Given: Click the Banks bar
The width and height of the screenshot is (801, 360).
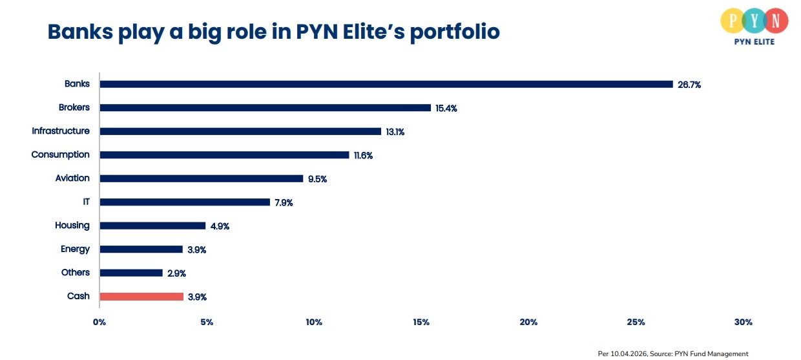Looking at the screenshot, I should tap(386, 84).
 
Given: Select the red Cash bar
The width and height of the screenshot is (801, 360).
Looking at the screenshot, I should tap(141, 297).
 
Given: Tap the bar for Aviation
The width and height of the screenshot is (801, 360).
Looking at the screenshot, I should tap(202, 178).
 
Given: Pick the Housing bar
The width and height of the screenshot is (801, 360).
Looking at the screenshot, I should tap(152, 226).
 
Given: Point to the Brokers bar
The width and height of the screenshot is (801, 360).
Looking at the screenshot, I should tap(265, 108).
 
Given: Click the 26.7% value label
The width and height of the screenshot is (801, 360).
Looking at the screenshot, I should tap(689, 85).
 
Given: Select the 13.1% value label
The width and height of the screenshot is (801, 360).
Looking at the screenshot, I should tap(395, 132).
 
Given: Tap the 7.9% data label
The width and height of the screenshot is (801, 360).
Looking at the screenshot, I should tap(284, 203).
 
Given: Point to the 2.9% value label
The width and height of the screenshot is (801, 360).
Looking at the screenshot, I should tap(176, 273).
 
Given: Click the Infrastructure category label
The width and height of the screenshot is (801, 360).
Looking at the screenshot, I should tap(61, 131).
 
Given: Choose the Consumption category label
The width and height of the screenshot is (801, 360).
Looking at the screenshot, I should tap(61, 154).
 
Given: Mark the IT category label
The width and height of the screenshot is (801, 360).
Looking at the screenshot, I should tap(86, 202).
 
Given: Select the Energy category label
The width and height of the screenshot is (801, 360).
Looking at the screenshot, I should tap(75, 249).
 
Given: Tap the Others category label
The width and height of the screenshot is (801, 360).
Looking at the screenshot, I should tap(75, 272).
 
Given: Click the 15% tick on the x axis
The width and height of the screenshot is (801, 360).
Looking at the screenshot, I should tap(421, 322).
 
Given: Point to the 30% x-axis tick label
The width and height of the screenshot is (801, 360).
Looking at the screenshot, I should tap(743, 322).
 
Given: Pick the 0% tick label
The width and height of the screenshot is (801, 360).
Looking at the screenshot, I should tap(99, 322).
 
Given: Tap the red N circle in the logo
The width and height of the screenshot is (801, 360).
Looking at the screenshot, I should tap(775, 21).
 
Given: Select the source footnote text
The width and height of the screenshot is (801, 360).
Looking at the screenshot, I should tap(673, 354).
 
